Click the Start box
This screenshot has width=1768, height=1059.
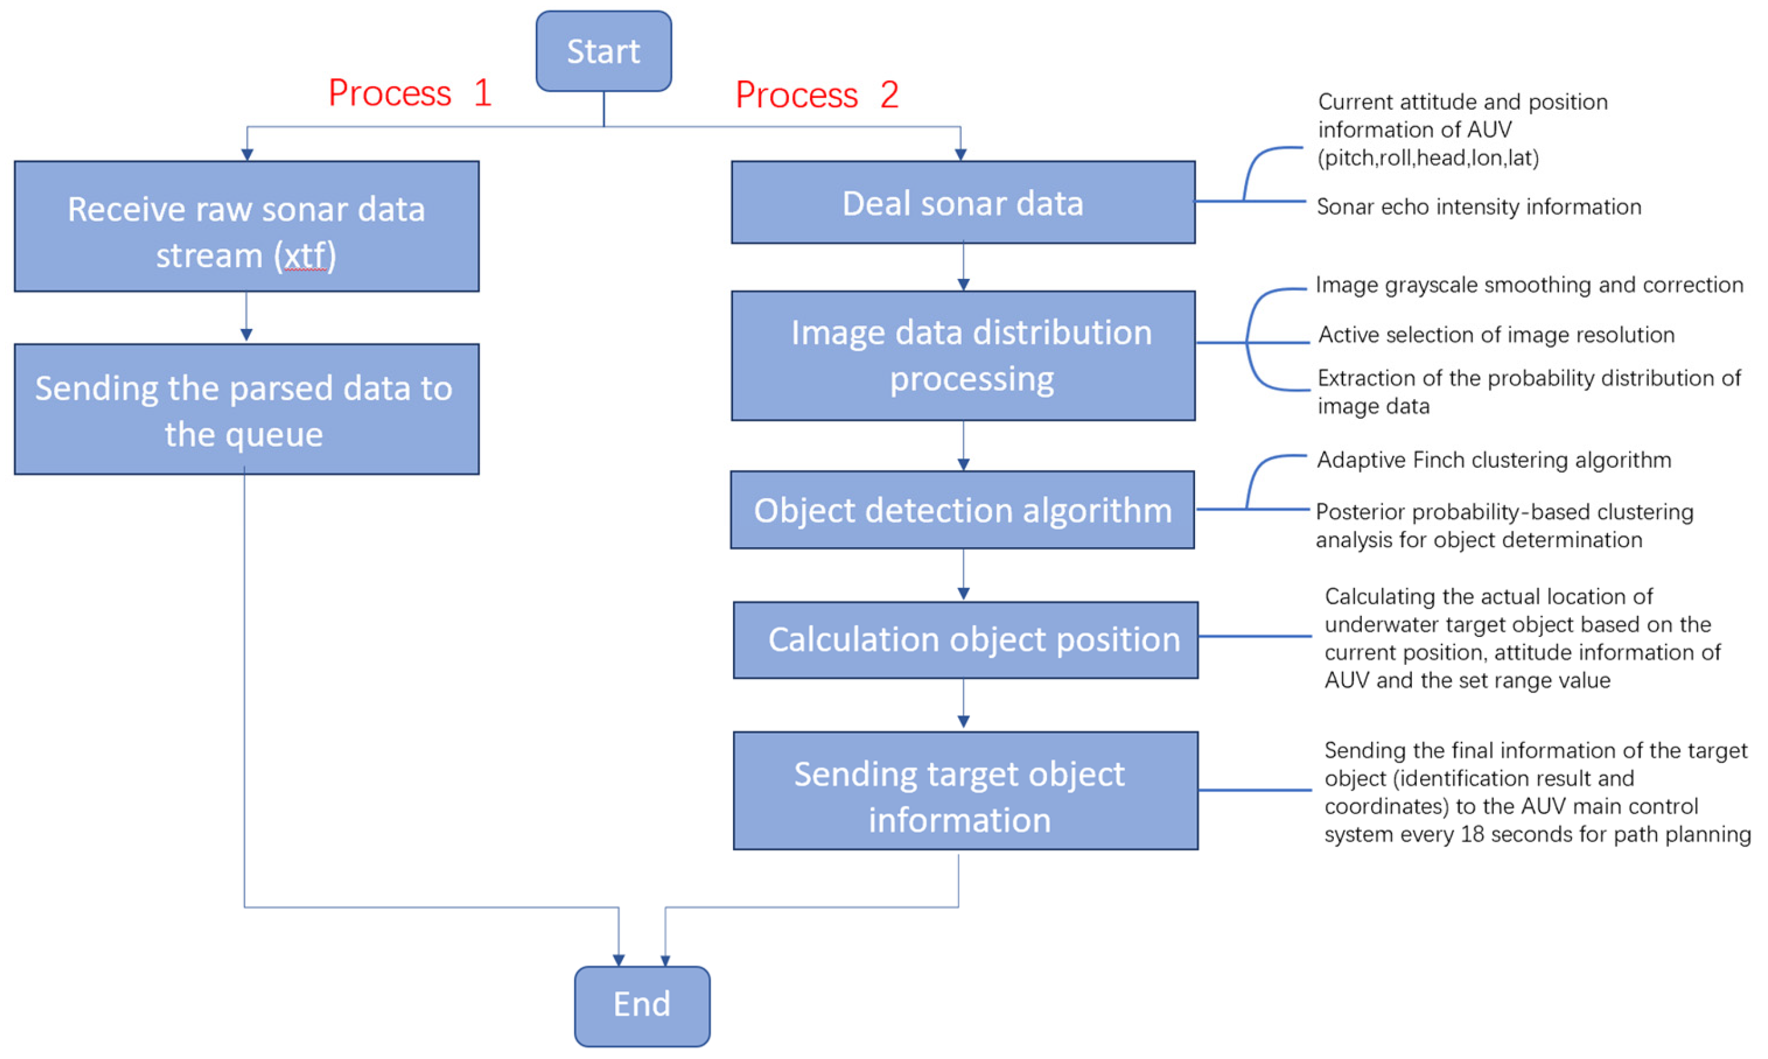[603, 51]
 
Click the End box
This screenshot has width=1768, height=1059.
[642, 1004]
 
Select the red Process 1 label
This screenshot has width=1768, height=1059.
[410, 93]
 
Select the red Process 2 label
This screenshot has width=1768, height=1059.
[817, 95]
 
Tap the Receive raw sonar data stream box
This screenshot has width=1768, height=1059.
[246, 226]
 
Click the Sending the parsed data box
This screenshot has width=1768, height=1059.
[246, 410]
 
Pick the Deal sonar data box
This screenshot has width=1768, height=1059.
[962, 203]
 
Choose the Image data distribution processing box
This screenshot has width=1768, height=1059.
[962, 356]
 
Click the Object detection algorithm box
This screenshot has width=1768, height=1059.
[962, 510]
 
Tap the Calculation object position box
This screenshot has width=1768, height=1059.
[966, 640]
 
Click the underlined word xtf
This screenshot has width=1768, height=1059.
[306, 256]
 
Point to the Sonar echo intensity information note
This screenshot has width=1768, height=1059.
[1478, 207]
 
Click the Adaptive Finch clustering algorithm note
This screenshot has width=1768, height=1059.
[1493, 460]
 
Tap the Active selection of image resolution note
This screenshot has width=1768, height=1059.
[1495, 335]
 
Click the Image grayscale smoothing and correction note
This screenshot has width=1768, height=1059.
[1528, 284]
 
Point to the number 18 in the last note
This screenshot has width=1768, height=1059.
[1472, 834]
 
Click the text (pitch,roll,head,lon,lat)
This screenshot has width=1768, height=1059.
[1428, 158]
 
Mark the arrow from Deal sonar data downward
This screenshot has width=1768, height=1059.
[962, 267]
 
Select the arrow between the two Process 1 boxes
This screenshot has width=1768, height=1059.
[246, 317]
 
